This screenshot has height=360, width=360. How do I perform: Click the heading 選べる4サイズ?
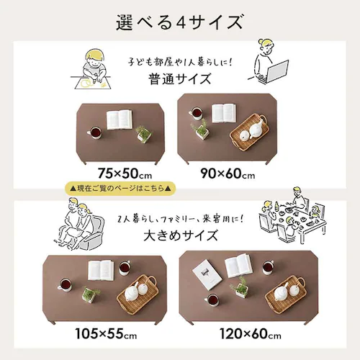[180, 22]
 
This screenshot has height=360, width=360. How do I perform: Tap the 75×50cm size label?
[125, 174]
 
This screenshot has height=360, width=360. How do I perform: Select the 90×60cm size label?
[228, 174]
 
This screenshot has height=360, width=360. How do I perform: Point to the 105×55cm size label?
[106, 333]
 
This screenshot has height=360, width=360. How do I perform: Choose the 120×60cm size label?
[251, 333]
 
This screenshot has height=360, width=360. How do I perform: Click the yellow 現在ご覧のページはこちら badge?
[120, 188]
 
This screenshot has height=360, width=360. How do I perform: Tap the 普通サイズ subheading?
[180, 79]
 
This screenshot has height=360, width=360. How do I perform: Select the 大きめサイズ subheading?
[181, 235]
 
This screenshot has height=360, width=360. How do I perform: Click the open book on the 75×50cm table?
[120, 120]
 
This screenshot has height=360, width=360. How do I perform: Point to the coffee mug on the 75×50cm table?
[95, 132]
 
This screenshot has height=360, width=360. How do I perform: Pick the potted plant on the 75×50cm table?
[143, 134]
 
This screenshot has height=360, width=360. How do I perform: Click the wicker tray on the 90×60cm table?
[249, 132]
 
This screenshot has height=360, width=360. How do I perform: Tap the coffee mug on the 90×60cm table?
[196, 113]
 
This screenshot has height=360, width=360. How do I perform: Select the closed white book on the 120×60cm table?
[207, 275]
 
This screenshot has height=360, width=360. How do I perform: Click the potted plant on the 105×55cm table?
[90, 294]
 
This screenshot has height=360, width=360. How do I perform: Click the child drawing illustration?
[91, 70]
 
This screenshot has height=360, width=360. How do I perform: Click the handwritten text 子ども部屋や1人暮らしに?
[180, 62]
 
